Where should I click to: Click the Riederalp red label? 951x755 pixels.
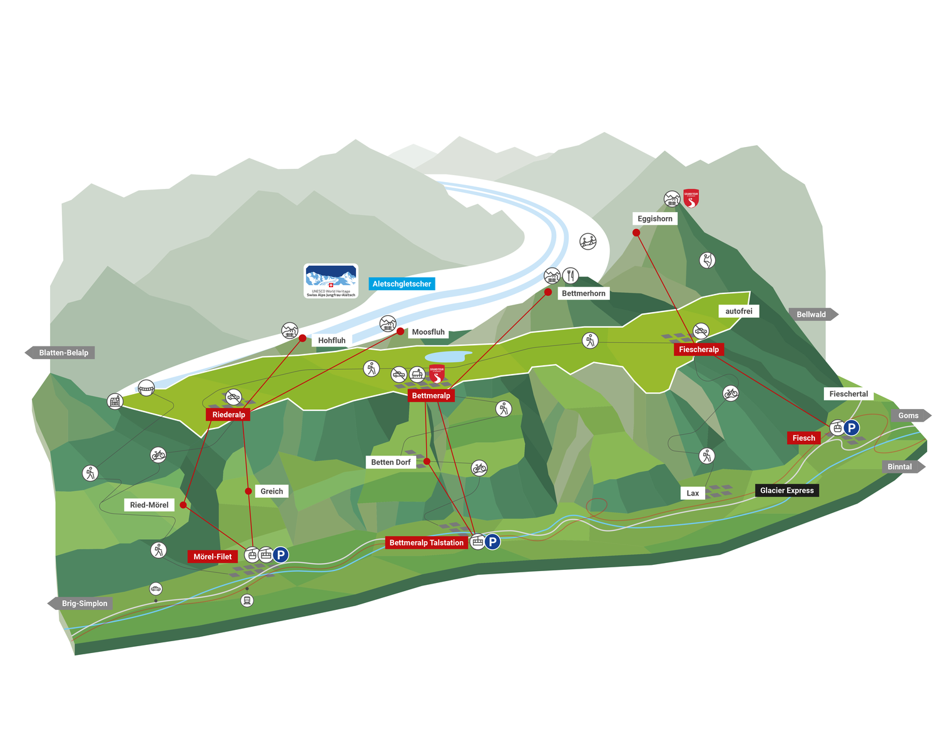pyautogui.click(x=228, y=415)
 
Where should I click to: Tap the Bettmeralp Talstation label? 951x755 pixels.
pyautogui.click(x=426, y=542)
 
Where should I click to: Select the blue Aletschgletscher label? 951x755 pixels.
pyautogui.click(x=402, y=284)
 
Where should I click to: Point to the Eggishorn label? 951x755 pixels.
pyautogui.click(x=655, y=218)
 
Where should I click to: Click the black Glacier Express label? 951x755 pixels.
pyautogui.click(x=786, y=490)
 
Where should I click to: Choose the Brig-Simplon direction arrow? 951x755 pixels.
pyautogui.click(x=81, y=604)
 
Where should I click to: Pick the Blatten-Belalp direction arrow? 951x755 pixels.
pyautogui.click(x=60, y=353)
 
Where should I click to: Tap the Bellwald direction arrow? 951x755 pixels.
pyautogui.click(x=813, y=315)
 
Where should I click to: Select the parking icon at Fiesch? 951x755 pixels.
pyautogui.click(x=852, y=428)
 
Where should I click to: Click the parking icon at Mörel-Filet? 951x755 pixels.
pyautogui.click(x=281, y=554)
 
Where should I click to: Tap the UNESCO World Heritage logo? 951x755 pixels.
pyautogui.click(x=331, y=281)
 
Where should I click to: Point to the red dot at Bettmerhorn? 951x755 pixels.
pyautogui.click(x=548, y=292)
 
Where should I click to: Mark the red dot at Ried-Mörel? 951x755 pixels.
pyautogui.click(x=183, y=505)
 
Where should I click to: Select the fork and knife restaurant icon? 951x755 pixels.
pyautogui.click(x=571, y=275)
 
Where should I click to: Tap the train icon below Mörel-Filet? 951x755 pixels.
pyautogui.click(x=247, y=600)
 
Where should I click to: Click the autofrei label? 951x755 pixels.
pyautogui.click(x=739, y=311)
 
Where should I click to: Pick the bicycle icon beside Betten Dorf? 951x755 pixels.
pyautogui.click(x=479, y=467)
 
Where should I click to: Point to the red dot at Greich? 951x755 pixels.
pyautogui.click(x=248, y=491)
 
